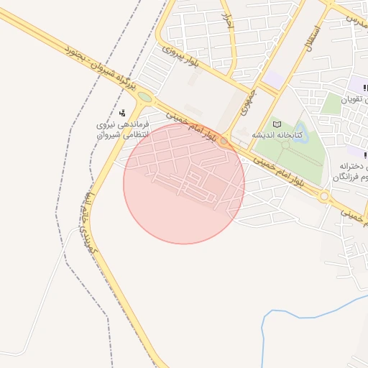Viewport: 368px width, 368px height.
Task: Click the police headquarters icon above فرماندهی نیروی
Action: coord(123,113)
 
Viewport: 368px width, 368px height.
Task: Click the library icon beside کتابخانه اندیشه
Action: coord(277,125)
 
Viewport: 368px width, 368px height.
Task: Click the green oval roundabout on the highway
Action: coord(144,97)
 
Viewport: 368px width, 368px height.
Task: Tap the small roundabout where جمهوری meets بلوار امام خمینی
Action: coord(225,141)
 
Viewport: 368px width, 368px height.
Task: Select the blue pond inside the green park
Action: coord(299,133)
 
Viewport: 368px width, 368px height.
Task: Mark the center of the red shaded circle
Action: coord(184,183)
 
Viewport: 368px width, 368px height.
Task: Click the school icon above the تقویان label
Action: coord(365,88)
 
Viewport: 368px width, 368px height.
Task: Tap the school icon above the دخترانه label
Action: coord(365,155)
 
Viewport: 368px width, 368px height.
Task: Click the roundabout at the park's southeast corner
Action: coord(324,195)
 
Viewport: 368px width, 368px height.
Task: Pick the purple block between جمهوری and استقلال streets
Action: coord(273,78)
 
